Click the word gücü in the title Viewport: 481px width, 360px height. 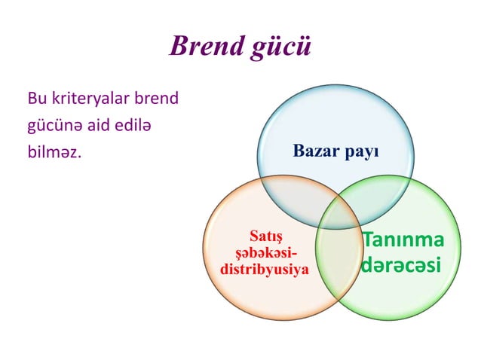[x=281, y=47]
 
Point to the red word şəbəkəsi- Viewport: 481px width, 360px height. [x=263, y=253]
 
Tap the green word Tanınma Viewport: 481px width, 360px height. [x=403, y=240]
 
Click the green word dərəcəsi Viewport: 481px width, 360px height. [x=401, y=266]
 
